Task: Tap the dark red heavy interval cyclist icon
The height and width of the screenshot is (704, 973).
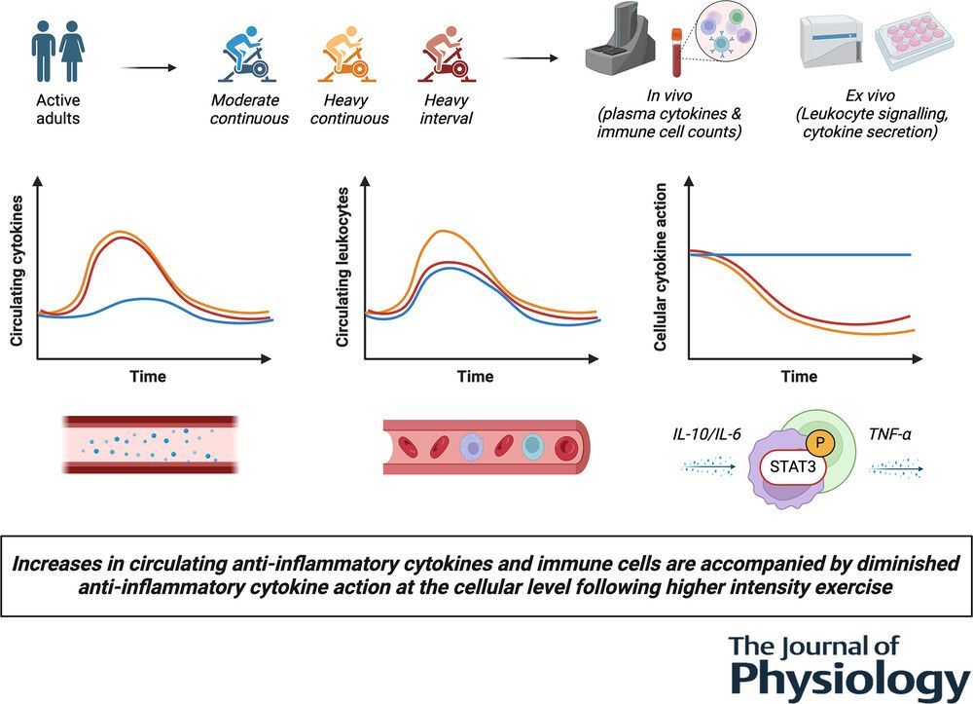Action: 447,55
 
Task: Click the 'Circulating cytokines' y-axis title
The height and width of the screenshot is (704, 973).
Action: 17,269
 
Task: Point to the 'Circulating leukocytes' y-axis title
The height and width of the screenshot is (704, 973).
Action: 342,269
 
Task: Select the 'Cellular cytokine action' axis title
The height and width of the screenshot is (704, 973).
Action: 661,269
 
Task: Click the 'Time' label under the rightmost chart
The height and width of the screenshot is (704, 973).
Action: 800,377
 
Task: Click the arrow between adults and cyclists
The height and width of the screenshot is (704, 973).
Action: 147,67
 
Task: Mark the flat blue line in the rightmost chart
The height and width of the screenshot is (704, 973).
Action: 827,254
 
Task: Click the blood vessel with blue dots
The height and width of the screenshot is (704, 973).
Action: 148,444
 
